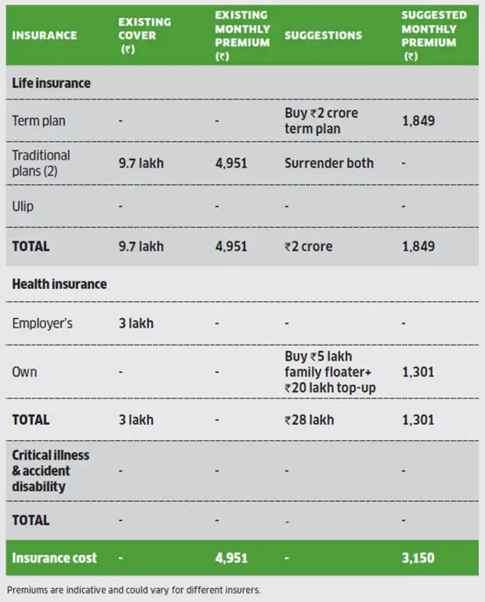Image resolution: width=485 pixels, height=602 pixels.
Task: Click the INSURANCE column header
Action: click(44, 35)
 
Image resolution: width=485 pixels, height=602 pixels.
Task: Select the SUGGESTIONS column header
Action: click(323, 35)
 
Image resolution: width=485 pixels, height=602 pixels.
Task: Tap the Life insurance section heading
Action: click(51, 83)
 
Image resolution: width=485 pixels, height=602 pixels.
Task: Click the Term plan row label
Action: click(39, 121)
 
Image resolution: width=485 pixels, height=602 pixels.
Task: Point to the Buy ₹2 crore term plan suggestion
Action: click(321, 121)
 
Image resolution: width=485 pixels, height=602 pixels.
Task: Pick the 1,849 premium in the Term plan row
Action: click(418, 121)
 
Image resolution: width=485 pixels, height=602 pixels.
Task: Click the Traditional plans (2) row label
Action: click(41, 163)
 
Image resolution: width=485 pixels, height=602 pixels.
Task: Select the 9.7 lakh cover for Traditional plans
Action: click(141, 163)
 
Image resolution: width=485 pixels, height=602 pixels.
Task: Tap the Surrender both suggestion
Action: click(329, 163)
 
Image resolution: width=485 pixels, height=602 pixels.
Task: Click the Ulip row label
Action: click(23, 206)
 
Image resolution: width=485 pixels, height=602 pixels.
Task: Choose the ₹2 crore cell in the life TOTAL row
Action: click(308, 246)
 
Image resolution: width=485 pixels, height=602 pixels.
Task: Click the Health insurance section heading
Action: click(59, 284)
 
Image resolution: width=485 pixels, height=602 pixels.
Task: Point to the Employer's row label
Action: click(42, 323)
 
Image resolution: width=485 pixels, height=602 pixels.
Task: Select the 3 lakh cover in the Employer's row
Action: click(136, 323)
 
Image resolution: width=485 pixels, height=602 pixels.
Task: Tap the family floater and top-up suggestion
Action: click(330, 372)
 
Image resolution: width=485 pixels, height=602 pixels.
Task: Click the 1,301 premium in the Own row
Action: click(418, 372)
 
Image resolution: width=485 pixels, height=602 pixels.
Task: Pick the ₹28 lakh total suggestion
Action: click(309, 420)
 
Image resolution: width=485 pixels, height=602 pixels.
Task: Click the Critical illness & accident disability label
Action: click(51, 471)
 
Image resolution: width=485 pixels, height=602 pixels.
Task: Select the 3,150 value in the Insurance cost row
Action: click(418, 558)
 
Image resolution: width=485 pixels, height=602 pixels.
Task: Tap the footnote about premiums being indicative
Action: click(134, 590)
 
